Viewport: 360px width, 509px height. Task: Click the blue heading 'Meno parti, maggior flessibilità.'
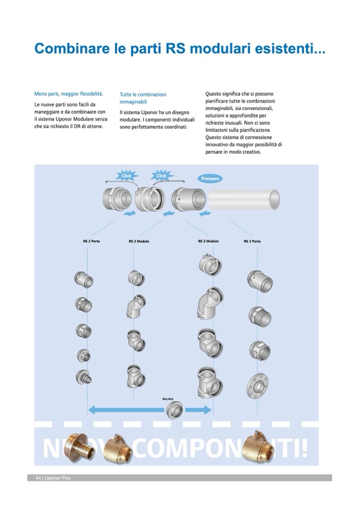coord(68,94)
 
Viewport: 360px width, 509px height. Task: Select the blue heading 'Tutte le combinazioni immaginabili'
coord(143,98)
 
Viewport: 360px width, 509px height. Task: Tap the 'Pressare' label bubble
coord(210,179)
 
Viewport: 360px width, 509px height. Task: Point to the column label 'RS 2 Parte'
coord(91,241)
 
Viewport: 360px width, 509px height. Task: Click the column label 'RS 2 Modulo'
coord(139,241)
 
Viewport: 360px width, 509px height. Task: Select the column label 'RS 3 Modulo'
coord(208,241)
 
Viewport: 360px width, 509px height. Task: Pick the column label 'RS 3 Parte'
coord(252,241)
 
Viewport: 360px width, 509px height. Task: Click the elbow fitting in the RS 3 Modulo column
coord(207,302)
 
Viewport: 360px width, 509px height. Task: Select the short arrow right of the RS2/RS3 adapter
coord(198,409)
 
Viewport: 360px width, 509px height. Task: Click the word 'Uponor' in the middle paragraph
coord(147,113)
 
